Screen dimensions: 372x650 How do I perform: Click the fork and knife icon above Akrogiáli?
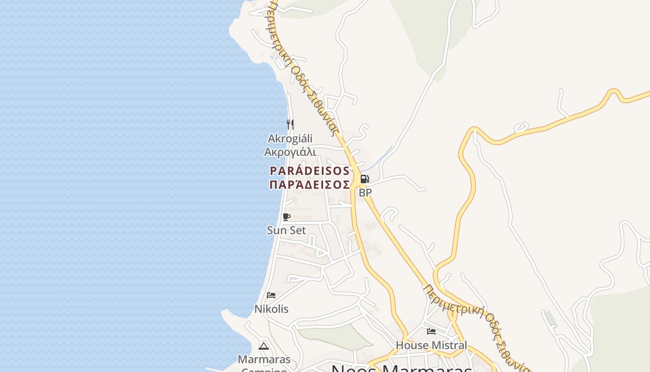290,124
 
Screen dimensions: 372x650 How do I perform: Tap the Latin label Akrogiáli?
290,139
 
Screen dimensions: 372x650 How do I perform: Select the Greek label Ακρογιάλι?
290,152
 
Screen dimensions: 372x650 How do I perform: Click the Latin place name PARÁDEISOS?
309,171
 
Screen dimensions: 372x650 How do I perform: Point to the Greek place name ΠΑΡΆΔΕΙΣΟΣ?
309,185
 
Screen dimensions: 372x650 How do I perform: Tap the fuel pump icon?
365,179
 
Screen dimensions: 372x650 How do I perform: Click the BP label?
365,192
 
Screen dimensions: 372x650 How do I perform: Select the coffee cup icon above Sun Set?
286,217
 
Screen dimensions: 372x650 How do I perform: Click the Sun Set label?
286,230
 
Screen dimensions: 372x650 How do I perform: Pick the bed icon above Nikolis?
271,295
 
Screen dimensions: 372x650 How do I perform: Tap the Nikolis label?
271,309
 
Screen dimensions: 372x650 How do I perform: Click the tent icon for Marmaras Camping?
264,345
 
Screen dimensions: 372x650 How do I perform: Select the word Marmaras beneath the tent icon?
264,359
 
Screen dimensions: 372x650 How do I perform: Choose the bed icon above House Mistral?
431,332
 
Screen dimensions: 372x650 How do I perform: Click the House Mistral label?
431,345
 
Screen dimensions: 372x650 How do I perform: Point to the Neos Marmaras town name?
402,369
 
